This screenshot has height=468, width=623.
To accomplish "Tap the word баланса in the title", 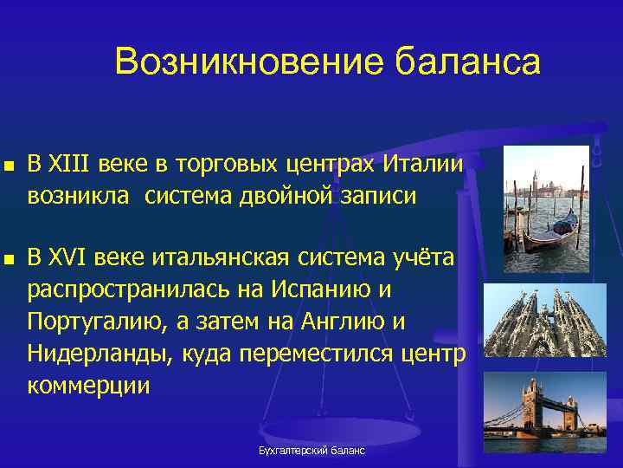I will tap(467, 63).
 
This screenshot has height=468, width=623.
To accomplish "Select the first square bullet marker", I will tap(9, 165).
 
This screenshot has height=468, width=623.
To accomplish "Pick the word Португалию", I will tap(96, 322).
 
